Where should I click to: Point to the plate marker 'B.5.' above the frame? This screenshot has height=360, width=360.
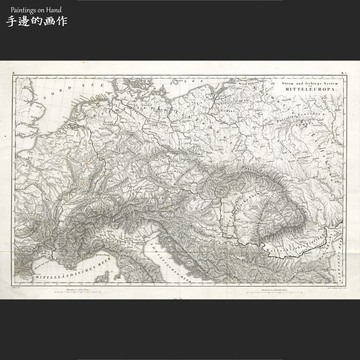click(x=344, y=73)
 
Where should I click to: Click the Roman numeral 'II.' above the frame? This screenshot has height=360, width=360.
click(x=14, y=73)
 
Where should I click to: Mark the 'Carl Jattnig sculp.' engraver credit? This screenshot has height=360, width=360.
click(x=333, y=287)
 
